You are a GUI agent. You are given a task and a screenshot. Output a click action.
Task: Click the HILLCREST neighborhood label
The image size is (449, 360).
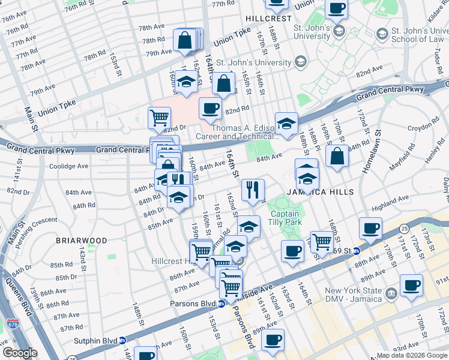coord(268,19)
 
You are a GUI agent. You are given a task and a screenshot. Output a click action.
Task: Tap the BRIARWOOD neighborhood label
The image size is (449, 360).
coord(82,241)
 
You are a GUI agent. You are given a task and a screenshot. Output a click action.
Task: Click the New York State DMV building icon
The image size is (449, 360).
coord(391,293)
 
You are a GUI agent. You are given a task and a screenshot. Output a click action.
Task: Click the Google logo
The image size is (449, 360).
coord(20,353)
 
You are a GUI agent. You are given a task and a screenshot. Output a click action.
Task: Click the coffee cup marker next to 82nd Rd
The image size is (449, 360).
coord(209,108)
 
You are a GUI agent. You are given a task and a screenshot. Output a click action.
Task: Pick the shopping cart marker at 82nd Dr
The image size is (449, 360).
coord(159,117)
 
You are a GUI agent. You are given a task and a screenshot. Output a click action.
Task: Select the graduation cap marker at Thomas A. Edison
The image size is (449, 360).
coord(287,123)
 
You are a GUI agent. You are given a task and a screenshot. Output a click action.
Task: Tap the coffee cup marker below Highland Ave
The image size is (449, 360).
coord(370,228)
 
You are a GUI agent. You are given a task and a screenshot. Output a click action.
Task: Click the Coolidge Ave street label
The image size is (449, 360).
coord(68,166)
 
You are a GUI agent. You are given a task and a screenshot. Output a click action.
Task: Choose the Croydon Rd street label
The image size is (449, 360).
coord(423,128)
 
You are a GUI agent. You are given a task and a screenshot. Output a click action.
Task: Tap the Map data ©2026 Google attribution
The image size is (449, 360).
coord(412,355)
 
